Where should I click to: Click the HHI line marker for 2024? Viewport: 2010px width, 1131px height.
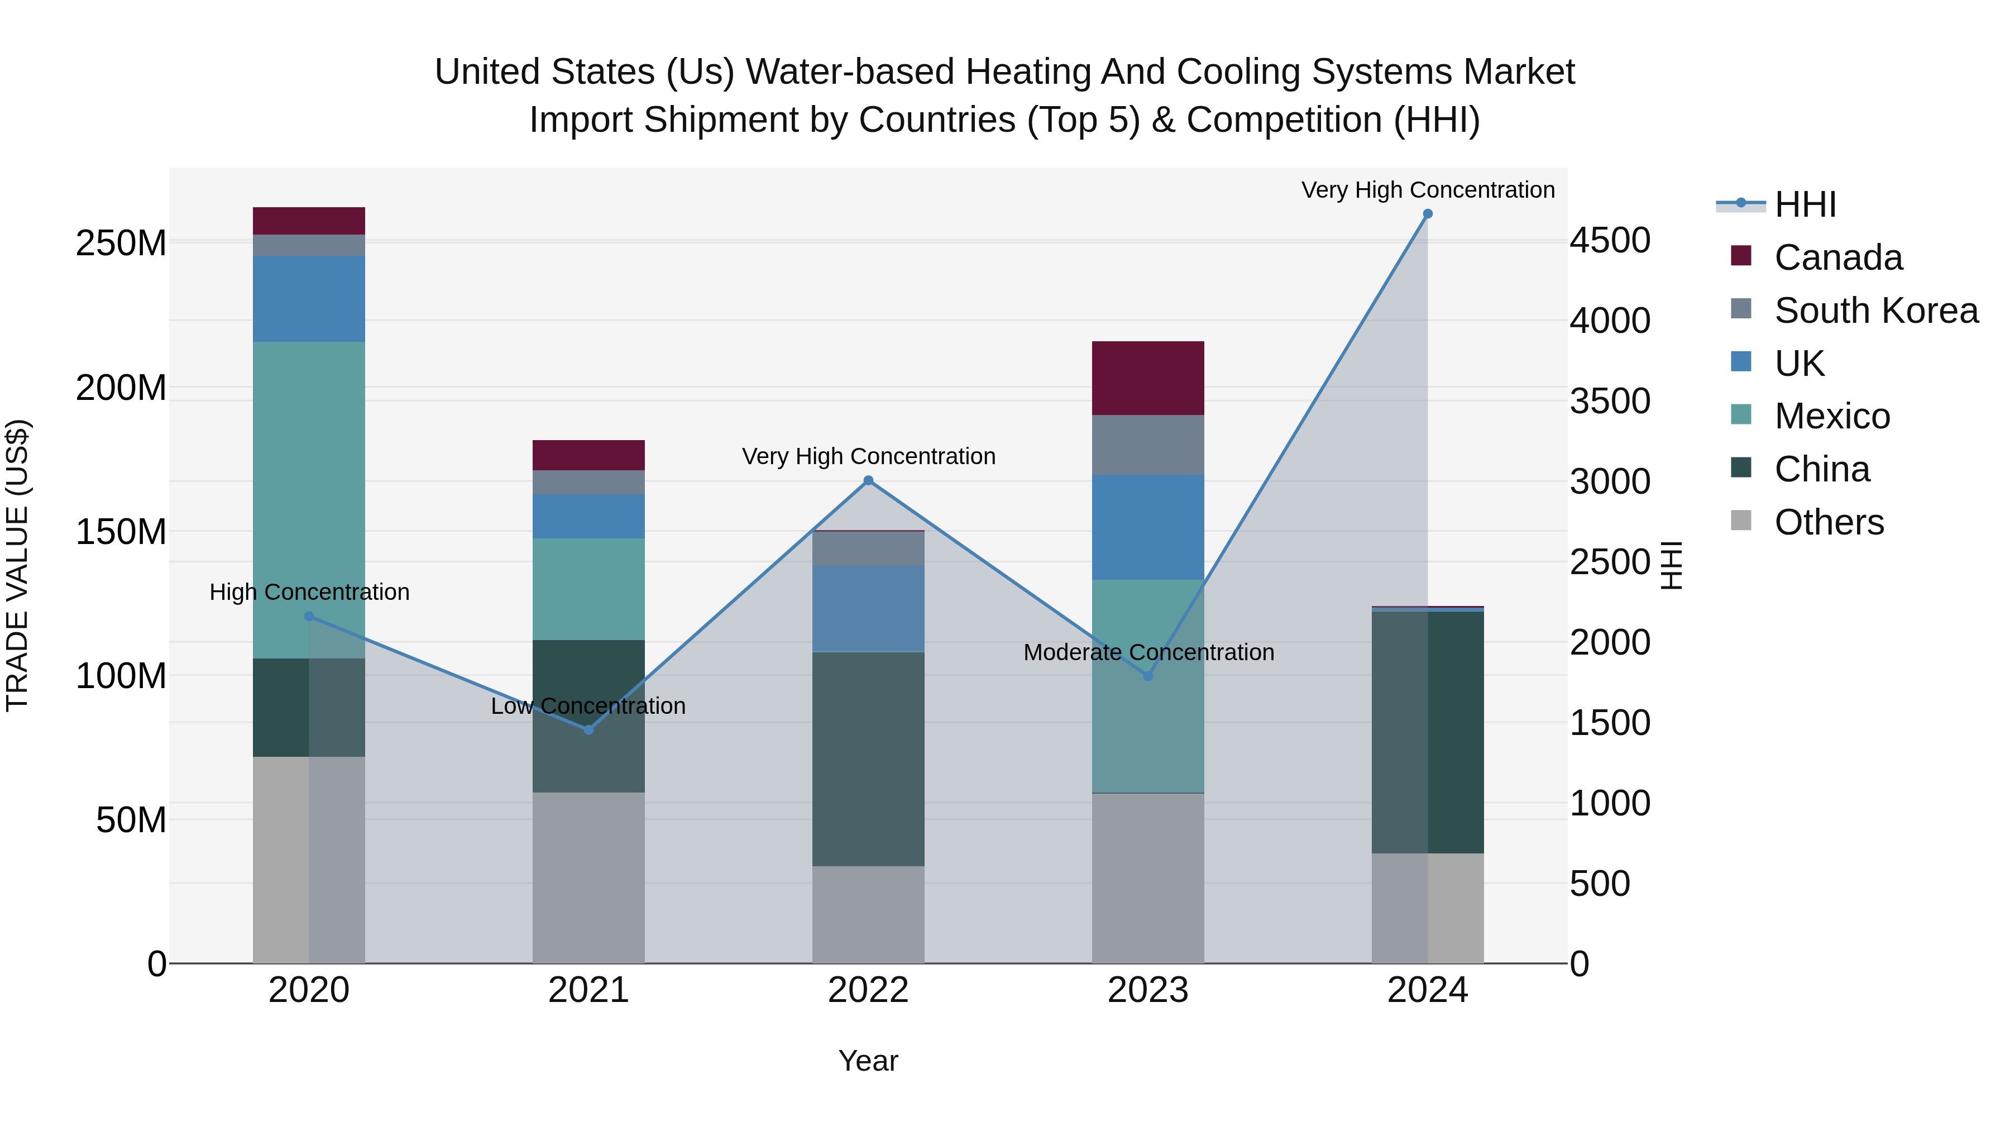(x=1427, y=214)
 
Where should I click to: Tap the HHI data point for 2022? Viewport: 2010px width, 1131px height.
(x=868, y=481)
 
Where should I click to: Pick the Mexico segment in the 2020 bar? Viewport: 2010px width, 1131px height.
(x=309, y=499)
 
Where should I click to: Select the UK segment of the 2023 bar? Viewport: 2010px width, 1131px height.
(x=1148, y=527)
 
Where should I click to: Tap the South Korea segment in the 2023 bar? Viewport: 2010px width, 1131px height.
(x=1148, y=445)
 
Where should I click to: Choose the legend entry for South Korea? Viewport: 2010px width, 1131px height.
(x=1876, y=311)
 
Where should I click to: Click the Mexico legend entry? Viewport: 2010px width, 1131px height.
(x=1831, y=416)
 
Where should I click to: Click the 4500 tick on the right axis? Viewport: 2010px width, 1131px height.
(x=1610, y=240)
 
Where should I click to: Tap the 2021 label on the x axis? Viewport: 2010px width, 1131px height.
(x=588, y=990)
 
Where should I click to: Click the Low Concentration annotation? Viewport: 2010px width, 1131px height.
(x=588, y=705)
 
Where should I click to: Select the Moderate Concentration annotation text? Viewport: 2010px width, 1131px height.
(x=1148, y=652)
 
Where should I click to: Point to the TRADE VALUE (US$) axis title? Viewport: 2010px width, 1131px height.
(x=17, y=565)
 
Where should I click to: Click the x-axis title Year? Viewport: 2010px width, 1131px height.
(x=868, y=1061)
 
